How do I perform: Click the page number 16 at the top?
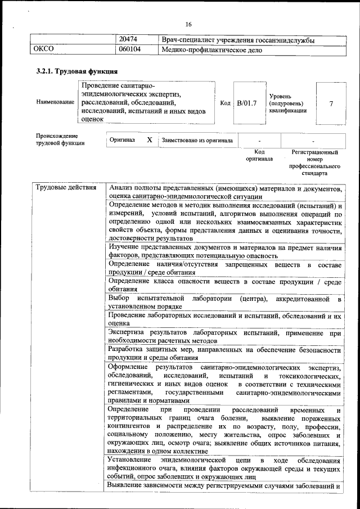point(188,24)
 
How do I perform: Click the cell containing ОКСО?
point(43,49)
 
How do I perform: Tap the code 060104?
point(130,49)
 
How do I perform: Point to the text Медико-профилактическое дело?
point(211,49)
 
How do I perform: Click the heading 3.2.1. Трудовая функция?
point(76,71)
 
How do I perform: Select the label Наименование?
point(55,102)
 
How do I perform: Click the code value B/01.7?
point(246,103)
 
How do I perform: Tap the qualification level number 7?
point(331,103)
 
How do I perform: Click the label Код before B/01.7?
point(225,103)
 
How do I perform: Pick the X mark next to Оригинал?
point(149,139)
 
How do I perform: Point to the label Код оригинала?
point(259,155)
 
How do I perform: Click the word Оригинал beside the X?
point(122,139)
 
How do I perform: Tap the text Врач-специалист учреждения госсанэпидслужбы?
point(237,40)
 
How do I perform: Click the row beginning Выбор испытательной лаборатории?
point(224,301)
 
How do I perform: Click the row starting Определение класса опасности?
point(224,285)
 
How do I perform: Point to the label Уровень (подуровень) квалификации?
point(287,103)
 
